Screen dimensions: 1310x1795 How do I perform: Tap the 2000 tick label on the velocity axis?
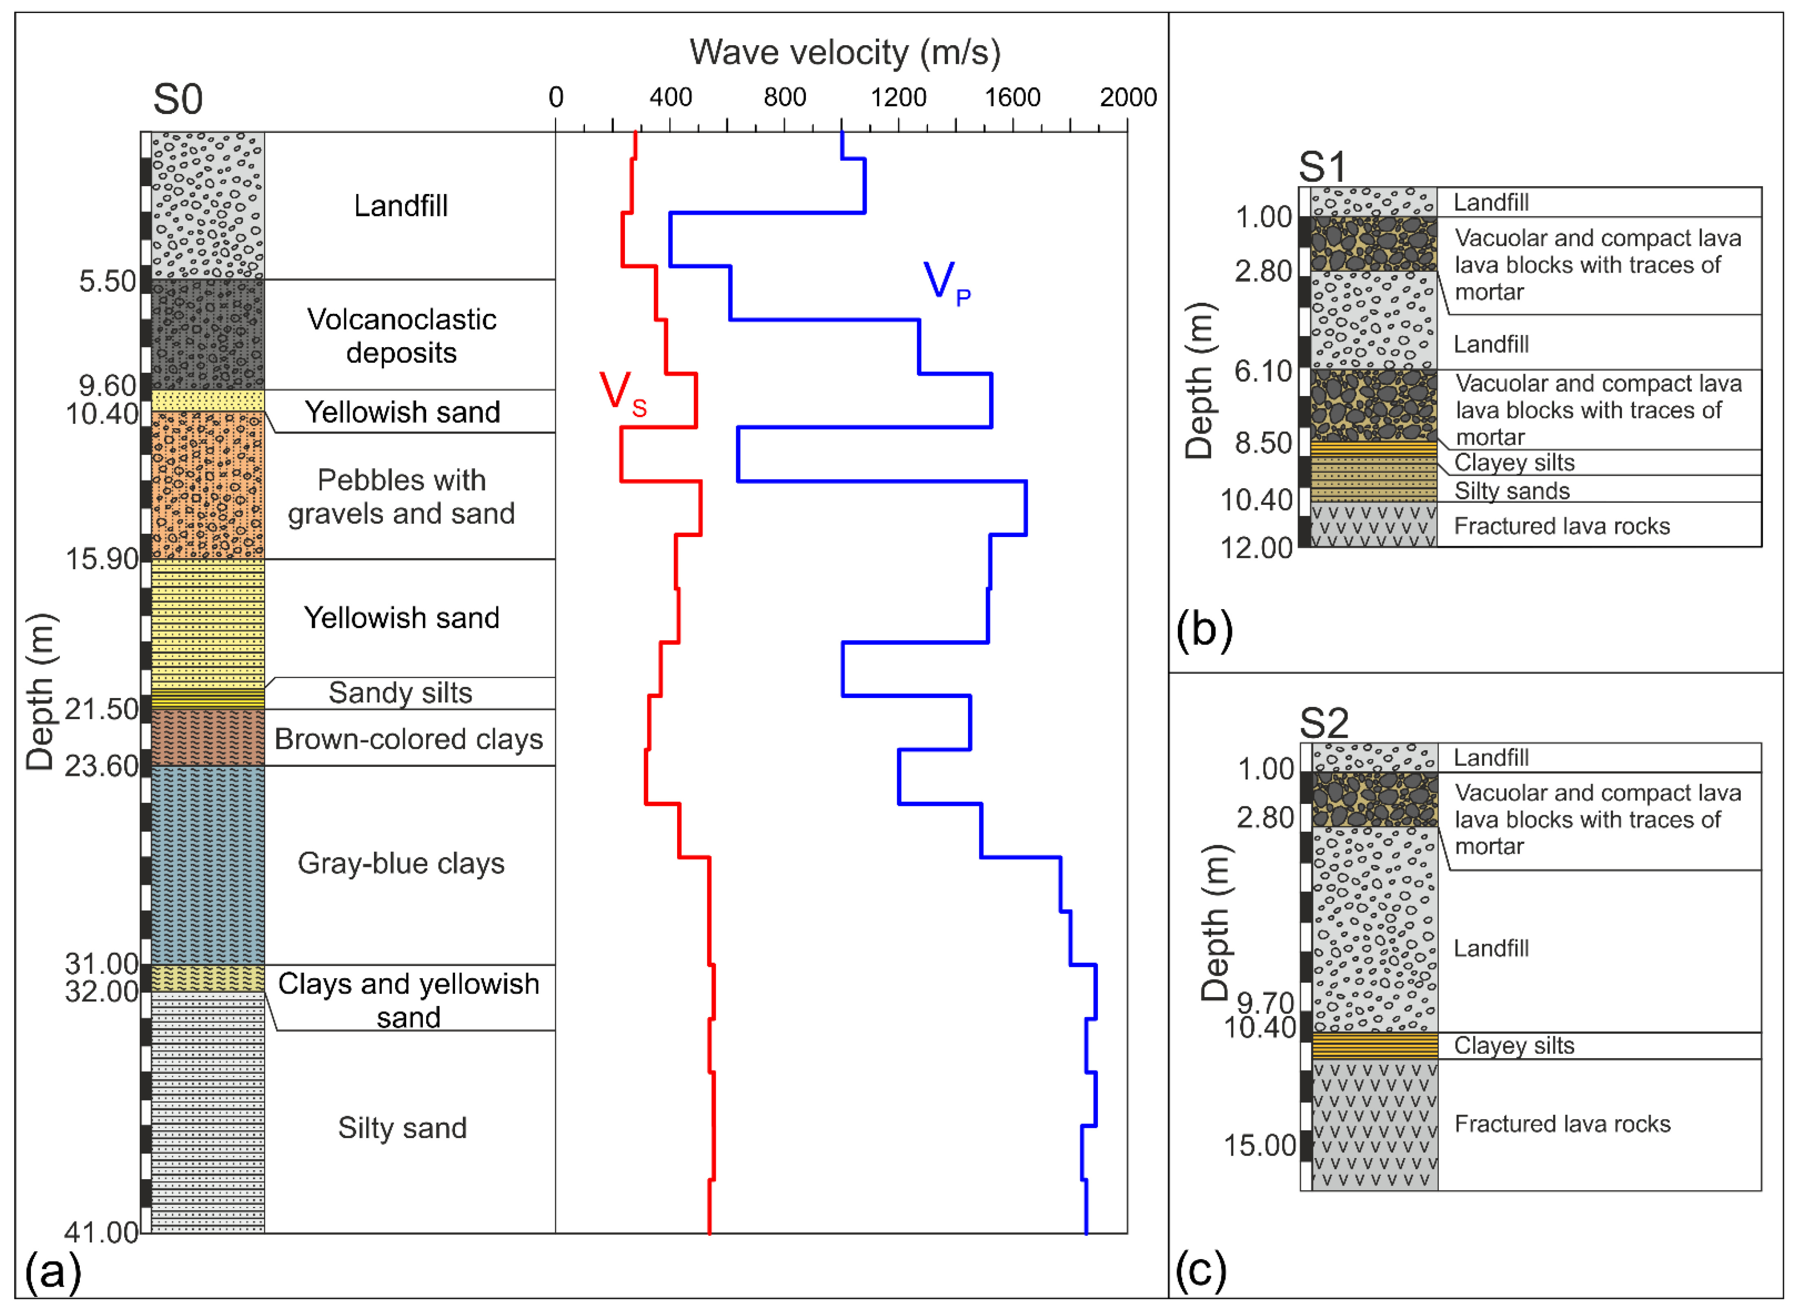[x=1127, y=97]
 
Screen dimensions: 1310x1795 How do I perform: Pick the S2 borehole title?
[x=1323, y=723]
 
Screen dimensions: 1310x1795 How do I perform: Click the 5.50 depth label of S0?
[x=108, y=282]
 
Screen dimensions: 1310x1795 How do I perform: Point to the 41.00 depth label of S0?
[x=101, y=1232]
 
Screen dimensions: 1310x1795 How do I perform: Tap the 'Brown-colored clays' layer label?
[x=408, y=739]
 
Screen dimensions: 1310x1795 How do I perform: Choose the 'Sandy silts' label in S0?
[x=400, y=692]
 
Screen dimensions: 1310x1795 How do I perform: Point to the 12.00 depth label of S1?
[x=1256, y=548]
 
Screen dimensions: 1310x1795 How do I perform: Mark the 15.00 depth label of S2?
[x=1259, y=1145]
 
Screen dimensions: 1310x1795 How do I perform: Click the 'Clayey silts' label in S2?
[x=1513, y=1045]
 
